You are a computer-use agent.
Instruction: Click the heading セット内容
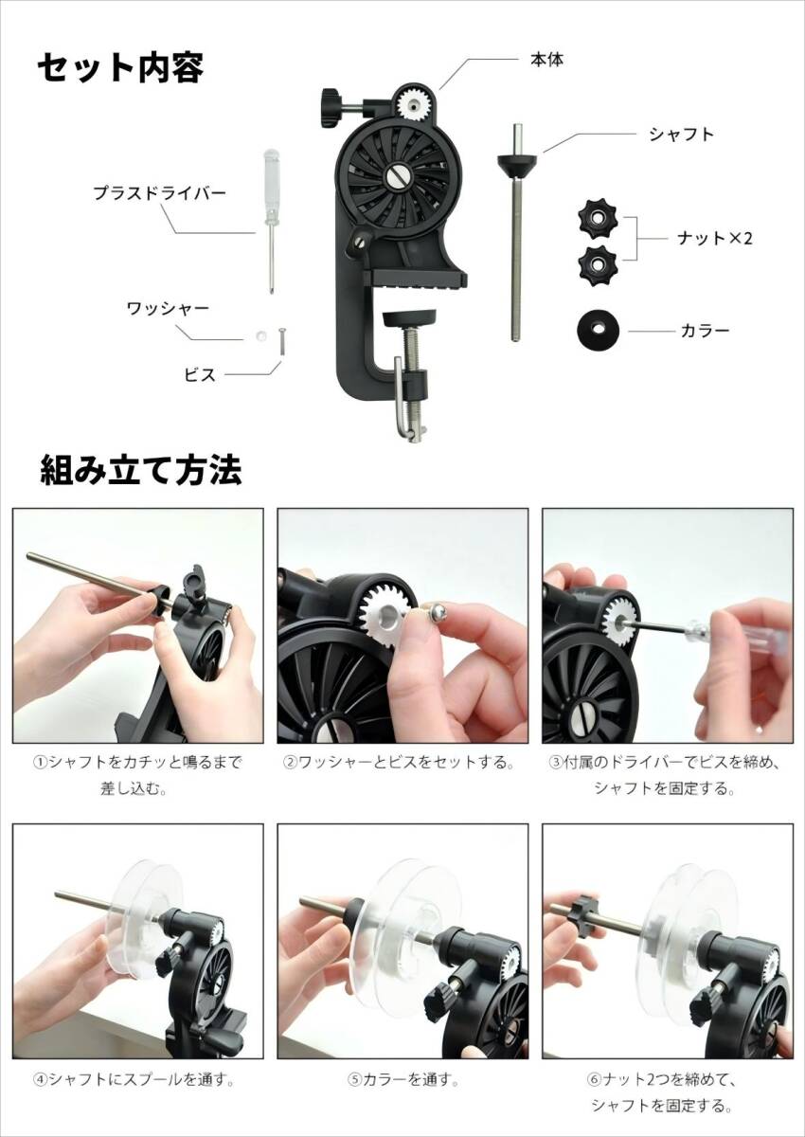pos(120,67)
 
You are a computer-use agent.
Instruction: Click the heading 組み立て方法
pos(140,469)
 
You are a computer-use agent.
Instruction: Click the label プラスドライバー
pos(159,192)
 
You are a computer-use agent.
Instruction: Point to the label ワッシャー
pos(168,308)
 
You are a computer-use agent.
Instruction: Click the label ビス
pos(199,374)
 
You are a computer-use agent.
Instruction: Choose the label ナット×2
pos(709,238)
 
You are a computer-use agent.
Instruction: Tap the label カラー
pos(705,331)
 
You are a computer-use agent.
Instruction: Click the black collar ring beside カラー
pos(597,331)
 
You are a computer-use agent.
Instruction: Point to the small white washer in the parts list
pos(259,335)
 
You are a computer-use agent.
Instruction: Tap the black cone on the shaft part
pos(517,166)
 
